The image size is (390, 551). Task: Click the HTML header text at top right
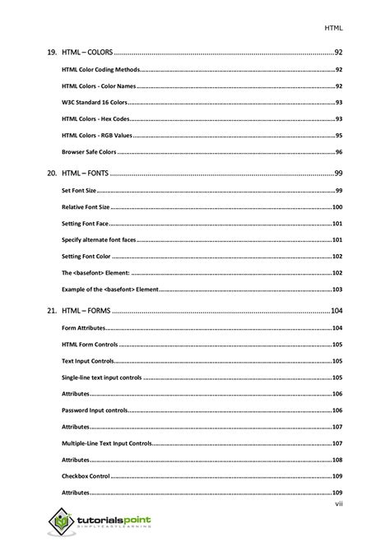coord(333,27)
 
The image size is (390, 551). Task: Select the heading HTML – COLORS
coord(86,52)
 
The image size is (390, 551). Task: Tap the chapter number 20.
coord(51,173)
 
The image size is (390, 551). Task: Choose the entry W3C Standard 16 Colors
coord(94,102)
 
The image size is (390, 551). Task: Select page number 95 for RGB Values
coord(338,135)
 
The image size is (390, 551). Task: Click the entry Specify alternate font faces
coord(99,240)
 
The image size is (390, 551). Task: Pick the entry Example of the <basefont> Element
coord(110,289)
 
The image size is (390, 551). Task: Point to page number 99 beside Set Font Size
coord(338,191)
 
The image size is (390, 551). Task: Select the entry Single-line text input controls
coord(101,377)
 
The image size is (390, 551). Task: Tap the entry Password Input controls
coord(95,410)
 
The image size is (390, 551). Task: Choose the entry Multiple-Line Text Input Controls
coord(106,443)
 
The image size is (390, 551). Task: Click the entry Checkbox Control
coord(86,476)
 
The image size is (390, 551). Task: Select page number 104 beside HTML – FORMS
coord(336,311)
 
